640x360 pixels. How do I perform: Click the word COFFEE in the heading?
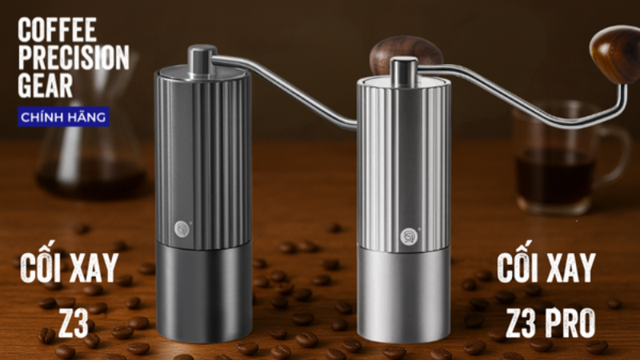pyautogui.click(x=57, y=30)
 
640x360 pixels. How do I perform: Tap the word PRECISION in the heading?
pyautogui.click(x=74, y=58)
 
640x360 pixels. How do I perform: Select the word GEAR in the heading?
pyautogui.click(x=46, y=86)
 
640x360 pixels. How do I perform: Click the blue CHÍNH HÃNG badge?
pyautogui.click(x=63, y=117)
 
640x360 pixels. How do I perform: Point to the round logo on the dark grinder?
pyautogui.click(x=182, y=229)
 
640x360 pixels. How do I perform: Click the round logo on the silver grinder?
pyautogui.click(x=409, y=237)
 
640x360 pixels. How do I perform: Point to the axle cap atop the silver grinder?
pyautogui.click(x=403, y=72)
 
